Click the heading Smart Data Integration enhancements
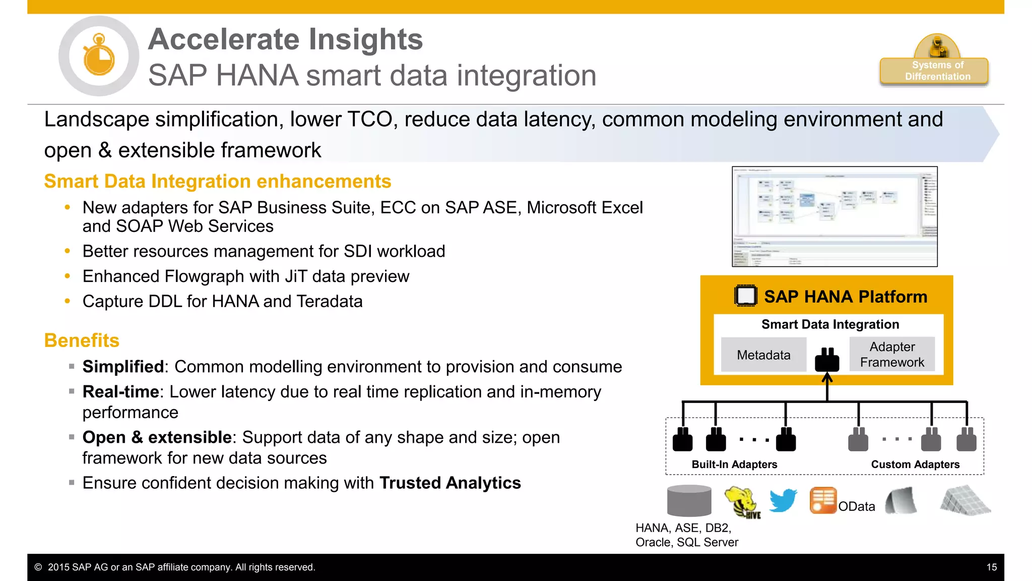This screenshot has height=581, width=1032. pyautogui.click(x=217, y=182)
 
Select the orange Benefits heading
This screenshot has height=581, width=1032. pyautogui.click(x=82, y=340)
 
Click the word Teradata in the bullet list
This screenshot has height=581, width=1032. pyautogui.click(x=330, y=302)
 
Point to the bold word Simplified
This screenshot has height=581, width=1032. pyautogui.click(x=123, y=367)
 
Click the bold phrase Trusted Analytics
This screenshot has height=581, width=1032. pyautogui.click(x=450, y=483)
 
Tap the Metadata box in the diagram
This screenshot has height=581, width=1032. pyautogui.click(x=763, y=355)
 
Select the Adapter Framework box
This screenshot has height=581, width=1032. pyautogui.click(x=891, y=355)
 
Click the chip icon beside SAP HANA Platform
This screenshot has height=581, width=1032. pyautogui.click(x=745, y=296)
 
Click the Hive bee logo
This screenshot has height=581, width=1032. pyautogui.click(x=742, y=502)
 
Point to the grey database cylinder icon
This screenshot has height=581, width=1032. pyautogui.click(x=689, y=501)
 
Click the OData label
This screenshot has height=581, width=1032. pyautogui.click(x=856, y=506)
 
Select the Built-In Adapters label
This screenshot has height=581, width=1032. pyautogui.click(x=734, y=464)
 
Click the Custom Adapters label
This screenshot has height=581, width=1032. pyautogui.click(x=915, y=464)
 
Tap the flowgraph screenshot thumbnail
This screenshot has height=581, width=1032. pyautogui.click(x=834, y=216)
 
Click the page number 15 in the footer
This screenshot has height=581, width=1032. pyautogui.click(x=991, y=567)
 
